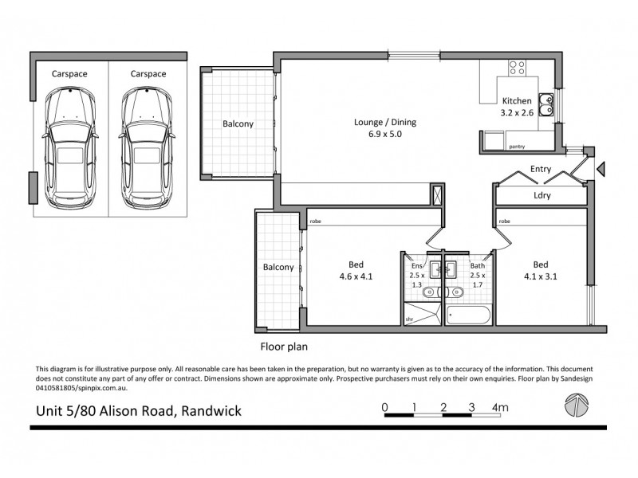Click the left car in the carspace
70,148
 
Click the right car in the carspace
147,148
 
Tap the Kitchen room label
517,101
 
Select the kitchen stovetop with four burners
517,68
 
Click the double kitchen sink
546,104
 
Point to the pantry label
517,147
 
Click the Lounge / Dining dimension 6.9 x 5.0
385,134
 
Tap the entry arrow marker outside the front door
601,169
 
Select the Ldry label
542,195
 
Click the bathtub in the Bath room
469,315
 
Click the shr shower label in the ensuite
409,319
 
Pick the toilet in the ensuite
430,292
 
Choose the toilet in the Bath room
455,292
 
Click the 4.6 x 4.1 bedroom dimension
356,276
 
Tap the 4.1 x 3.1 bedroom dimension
541,276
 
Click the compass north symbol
576,405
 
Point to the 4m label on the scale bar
500,407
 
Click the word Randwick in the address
211,411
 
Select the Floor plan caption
284,347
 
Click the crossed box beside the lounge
437,194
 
